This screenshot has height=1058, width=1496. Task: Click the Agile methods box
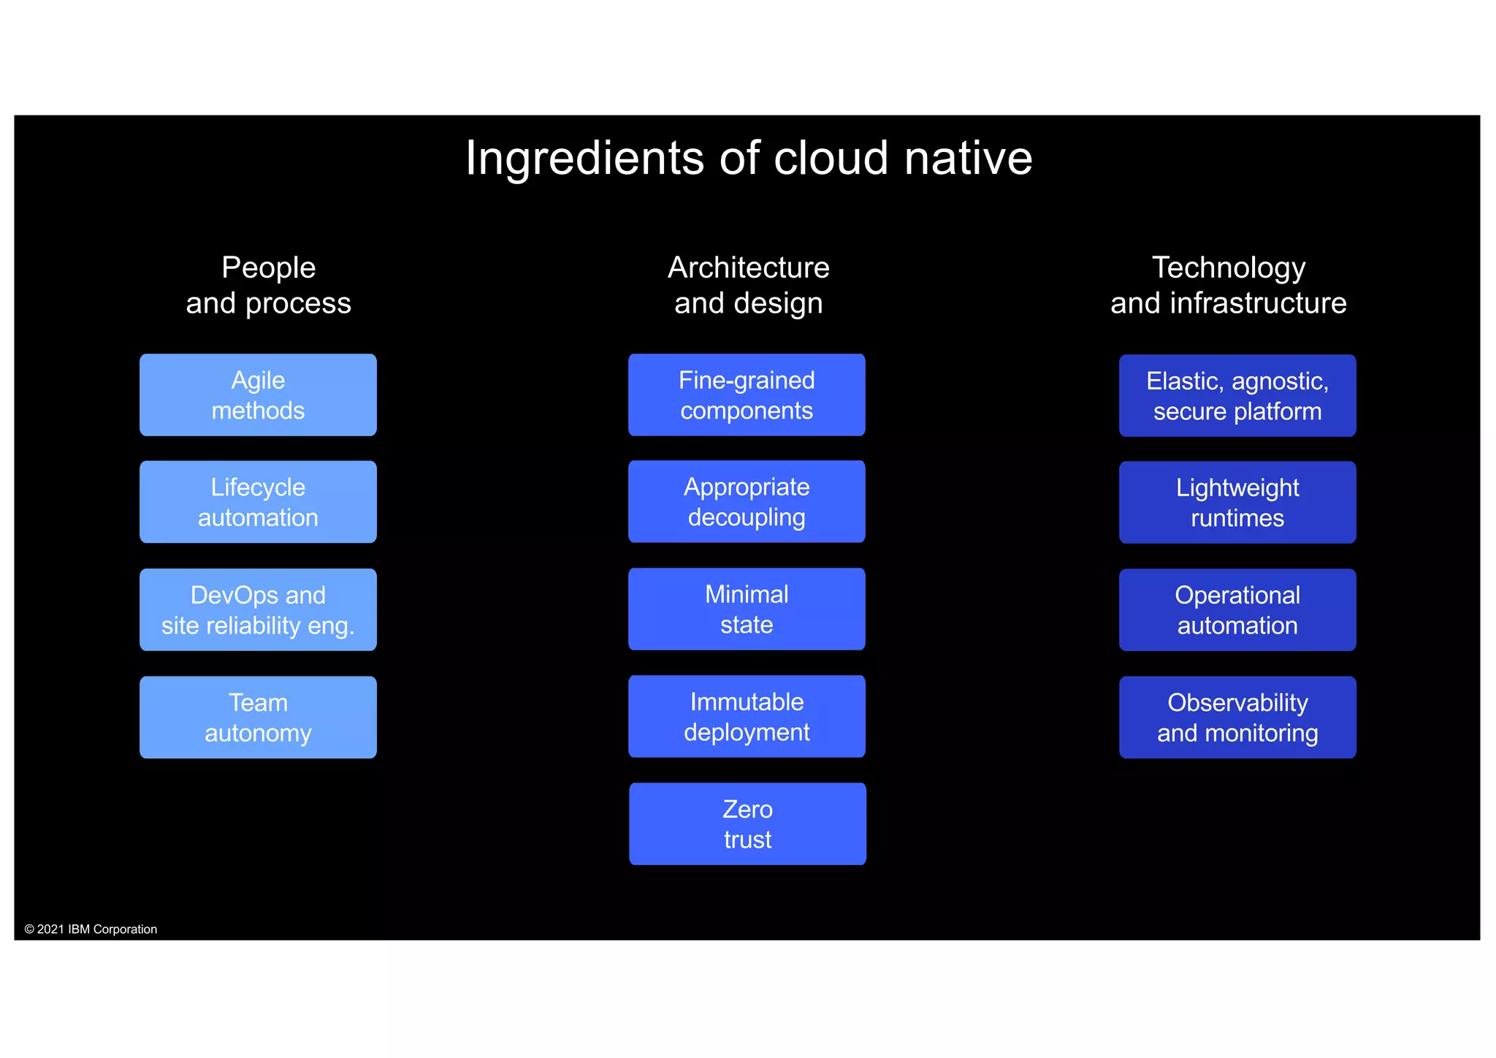point(258,395)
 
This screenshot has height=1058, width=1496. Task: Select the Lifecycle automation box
point(258,502)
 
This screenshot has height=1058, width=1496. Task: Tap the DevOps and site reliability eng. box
point(258,610)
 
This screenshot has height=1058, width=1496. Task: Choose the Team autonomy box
point(258,718)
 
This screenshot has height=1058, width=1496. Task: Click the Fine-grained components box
point(747,395)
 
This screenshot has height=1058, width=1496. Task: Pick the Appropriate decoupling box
point(747,502)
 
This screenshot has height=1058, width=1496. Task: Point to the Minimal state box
point(747,609)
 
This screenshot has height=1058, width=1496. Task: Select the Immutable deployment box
point(747,717)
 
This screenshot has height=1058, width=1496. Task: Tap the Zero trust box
point(747,824)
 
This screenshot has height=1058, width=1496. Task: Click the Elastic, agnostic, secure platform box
point(1237,396)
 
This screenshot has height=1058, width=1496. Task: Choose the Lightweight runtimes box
point(1237,503)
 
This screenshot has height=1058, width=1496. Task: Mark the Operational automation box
point(1237,610)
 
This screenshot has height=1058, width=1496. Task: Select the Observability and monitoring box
point(1237,718)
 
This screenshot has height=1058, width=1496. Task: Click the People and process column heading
point(268,285)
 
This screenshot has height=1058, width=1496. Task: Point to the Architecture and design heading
point(748,285)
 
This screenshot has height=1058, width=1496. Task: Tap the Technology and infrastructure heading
point(1229,285)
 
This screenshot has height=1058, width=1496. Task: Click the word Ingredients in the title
point(585,159)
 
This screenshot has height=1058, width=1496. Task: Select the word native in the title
point(968,159)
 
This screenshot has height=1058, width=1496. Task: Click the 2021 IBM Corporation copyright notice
point(91,929)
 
